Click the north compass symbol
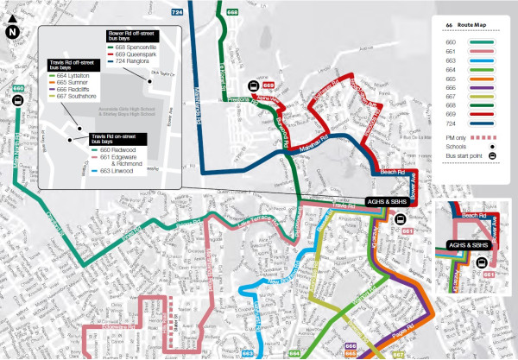coord(12,33)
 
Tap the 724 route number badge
coord(177,13)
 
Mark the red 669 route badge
coord(268,86)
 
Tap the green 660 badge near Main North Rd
coord(18,88)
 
